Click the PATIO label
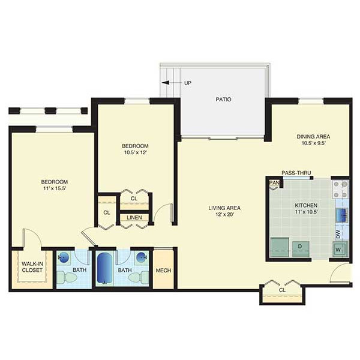(223, 100)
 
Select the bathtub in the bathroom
(104, 268)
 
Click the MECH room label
(163, 271)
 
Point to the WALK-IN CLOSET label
(32, 267)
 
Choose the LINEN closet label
(134, 217)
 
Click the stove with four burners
(340, 190)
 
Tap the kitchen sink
(342, 215)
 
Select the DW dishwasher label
(338, 235)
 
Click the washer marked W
(340, 249)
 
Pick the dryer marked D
(301, 248)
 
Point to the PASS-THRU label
(296, 173)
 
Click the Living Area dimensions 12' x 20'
(224, 215)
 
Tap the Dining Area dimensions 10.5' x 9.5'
(314, 143)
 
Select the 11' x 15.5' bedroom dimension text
(55, 188)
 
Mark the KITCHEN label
(306, 205)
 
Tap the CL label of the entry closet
(282, 290)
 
